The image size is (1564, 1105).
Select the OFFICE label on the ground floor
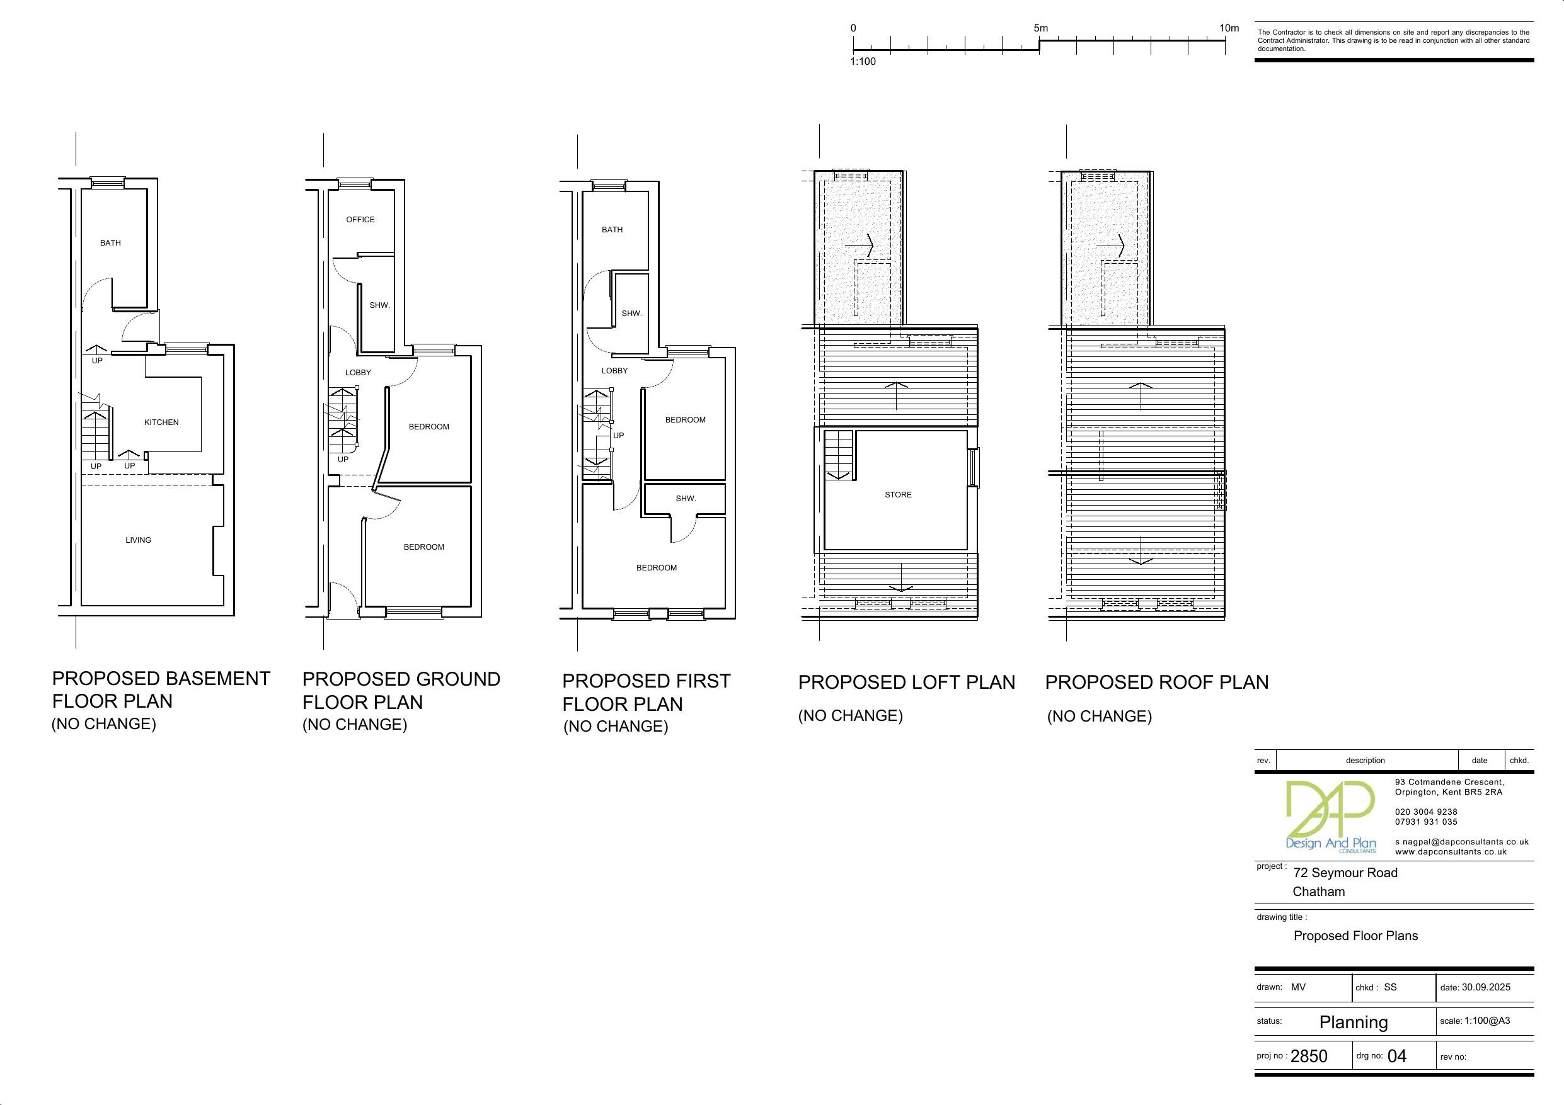tap(360, 220)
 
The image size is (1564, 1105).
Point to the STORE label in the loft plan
tap(898, 495)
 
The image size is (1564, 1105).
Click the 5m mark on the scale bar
tap(1040, 28)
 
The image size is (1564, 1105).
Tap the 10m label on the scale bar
tap(1229, 28)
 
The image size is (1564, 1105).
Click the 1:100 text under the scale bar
tap(863, 62)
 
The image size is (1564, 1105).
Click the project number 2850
tap(1309, 1056)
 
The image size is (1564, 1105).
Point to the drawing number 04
tap(1396, 1056)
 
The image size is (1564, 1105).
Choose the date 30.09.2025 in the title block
tap(1486, 987)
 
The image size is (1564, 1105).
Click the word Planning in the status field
tap(1354, 1022)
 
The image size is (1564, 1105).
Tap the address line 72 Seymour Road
tap(1345, 873)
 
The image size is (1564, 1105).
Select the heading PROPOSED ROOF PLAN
tap(1157, 682)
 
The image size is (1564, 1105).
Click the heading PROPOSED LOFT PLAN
tap(907, 682)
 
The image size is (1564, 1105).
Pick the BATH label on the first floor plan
tap(612, 230)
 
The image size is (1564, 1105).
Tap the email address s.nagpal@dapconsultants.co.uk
tap(1462, 842)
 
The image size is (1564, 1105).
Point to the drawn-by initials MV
tap(1298, 987)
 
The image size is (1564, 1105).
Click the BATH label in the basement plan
tap(110, 243)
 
